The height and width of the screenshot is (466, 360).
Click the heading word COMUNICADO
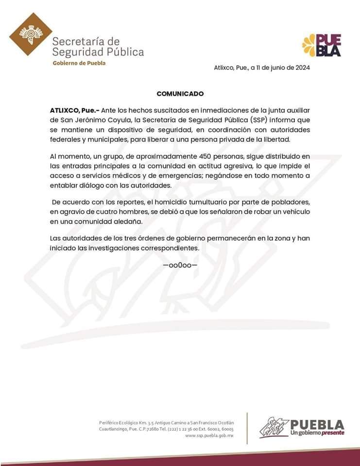pyautogui.click(x=180, y=93)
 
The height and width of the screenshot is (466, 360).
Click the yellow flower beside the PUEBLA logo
pyautogui.click(x=309, y=45)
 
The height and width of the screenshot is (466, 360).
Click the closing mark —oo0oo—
pyautogui.click(x=180, y=265)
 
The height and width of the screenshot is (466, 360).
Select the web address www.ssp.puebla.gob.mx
pyautogui.click(x=209, y=436)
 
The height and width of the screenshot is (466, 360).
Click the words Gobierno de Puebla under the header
pyautogui.click(x=79, y=63)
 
